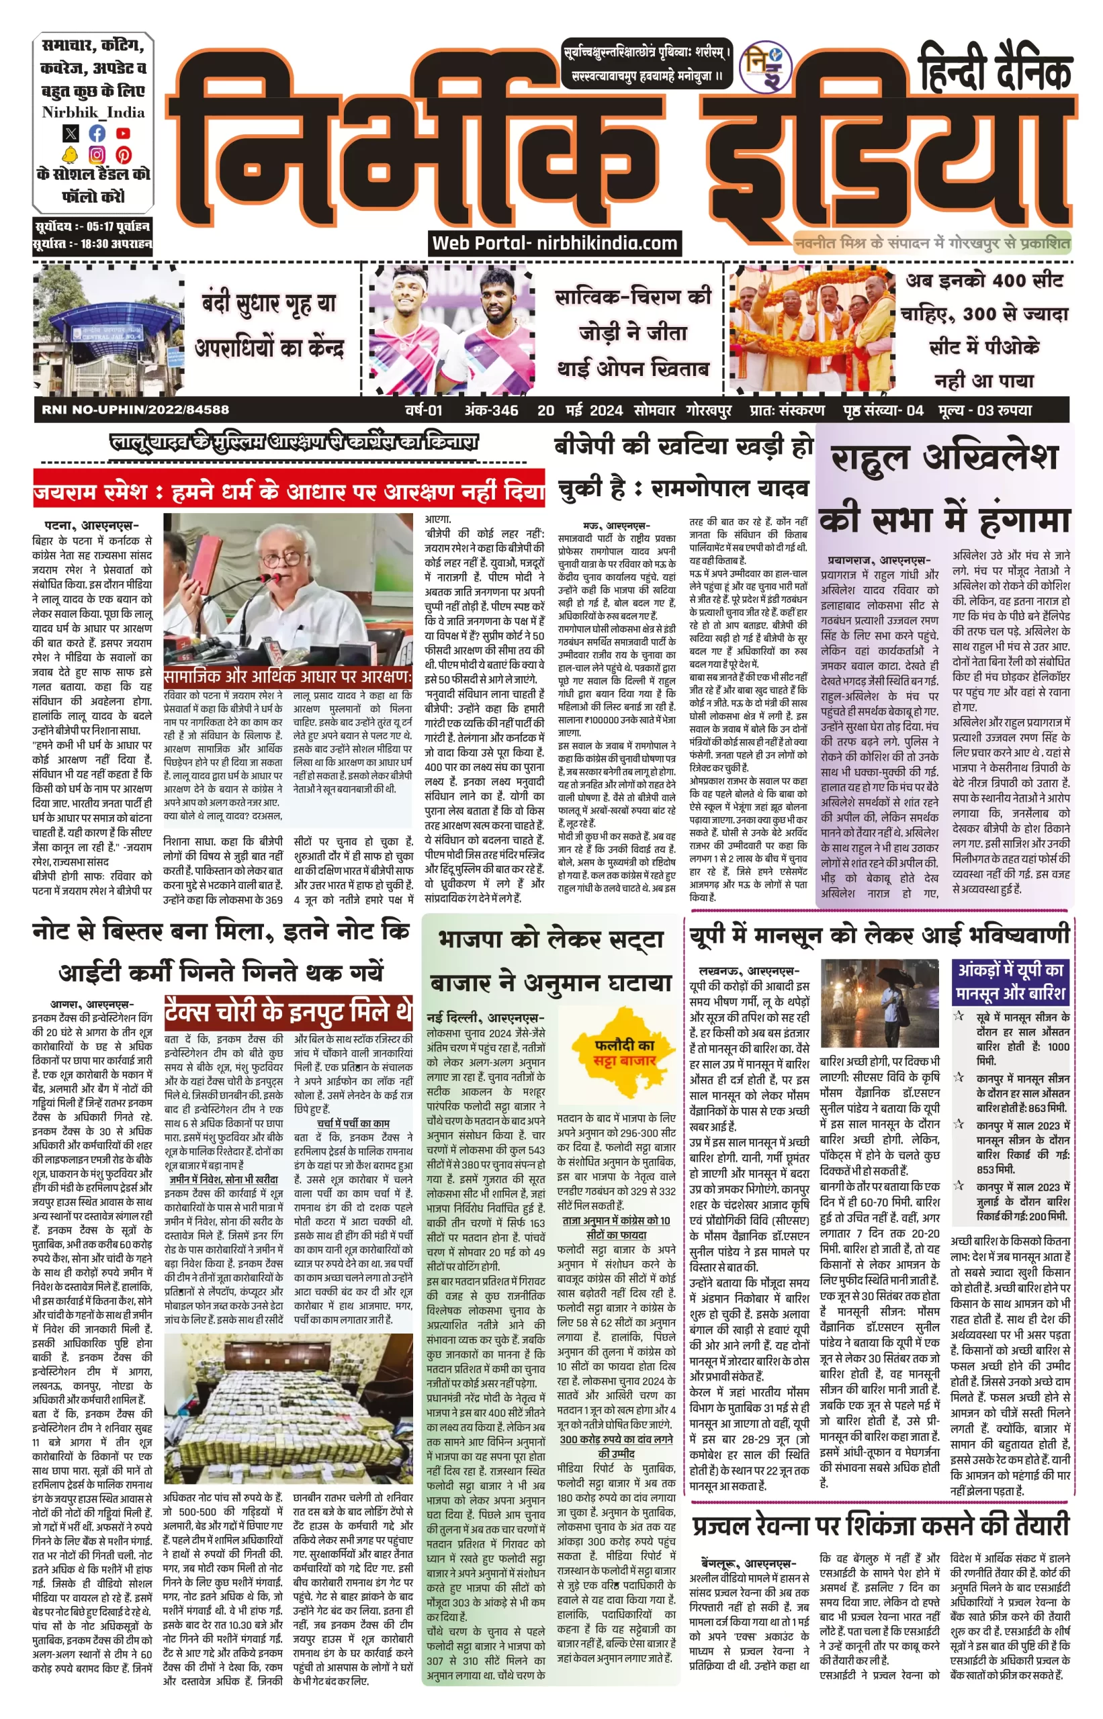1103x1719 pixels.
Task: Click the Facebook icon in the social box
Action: click(97, 132)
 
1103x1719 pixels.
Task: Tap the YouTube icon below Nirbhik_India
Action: click(123, 132)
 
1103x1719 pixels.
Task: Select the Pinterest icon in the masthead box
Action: click(123, 154)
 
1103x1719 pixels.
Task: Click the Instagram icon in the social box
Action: click(97, 154)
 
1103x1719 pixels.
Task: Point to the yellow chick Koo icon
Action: click(70, 154)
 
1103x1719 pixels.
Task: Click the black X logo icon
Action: click(70, 132)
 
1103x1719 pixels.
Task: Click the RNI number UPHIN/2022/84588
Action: click(136, 410)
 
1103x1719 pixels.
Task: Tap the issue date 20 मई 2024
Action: click(580, 410)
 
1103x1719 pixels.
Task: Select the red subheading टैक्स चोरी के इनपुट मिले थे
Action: click(288, 1012)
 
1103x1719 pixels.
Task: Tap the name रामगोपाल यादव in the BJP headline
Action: click(731, 489)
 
